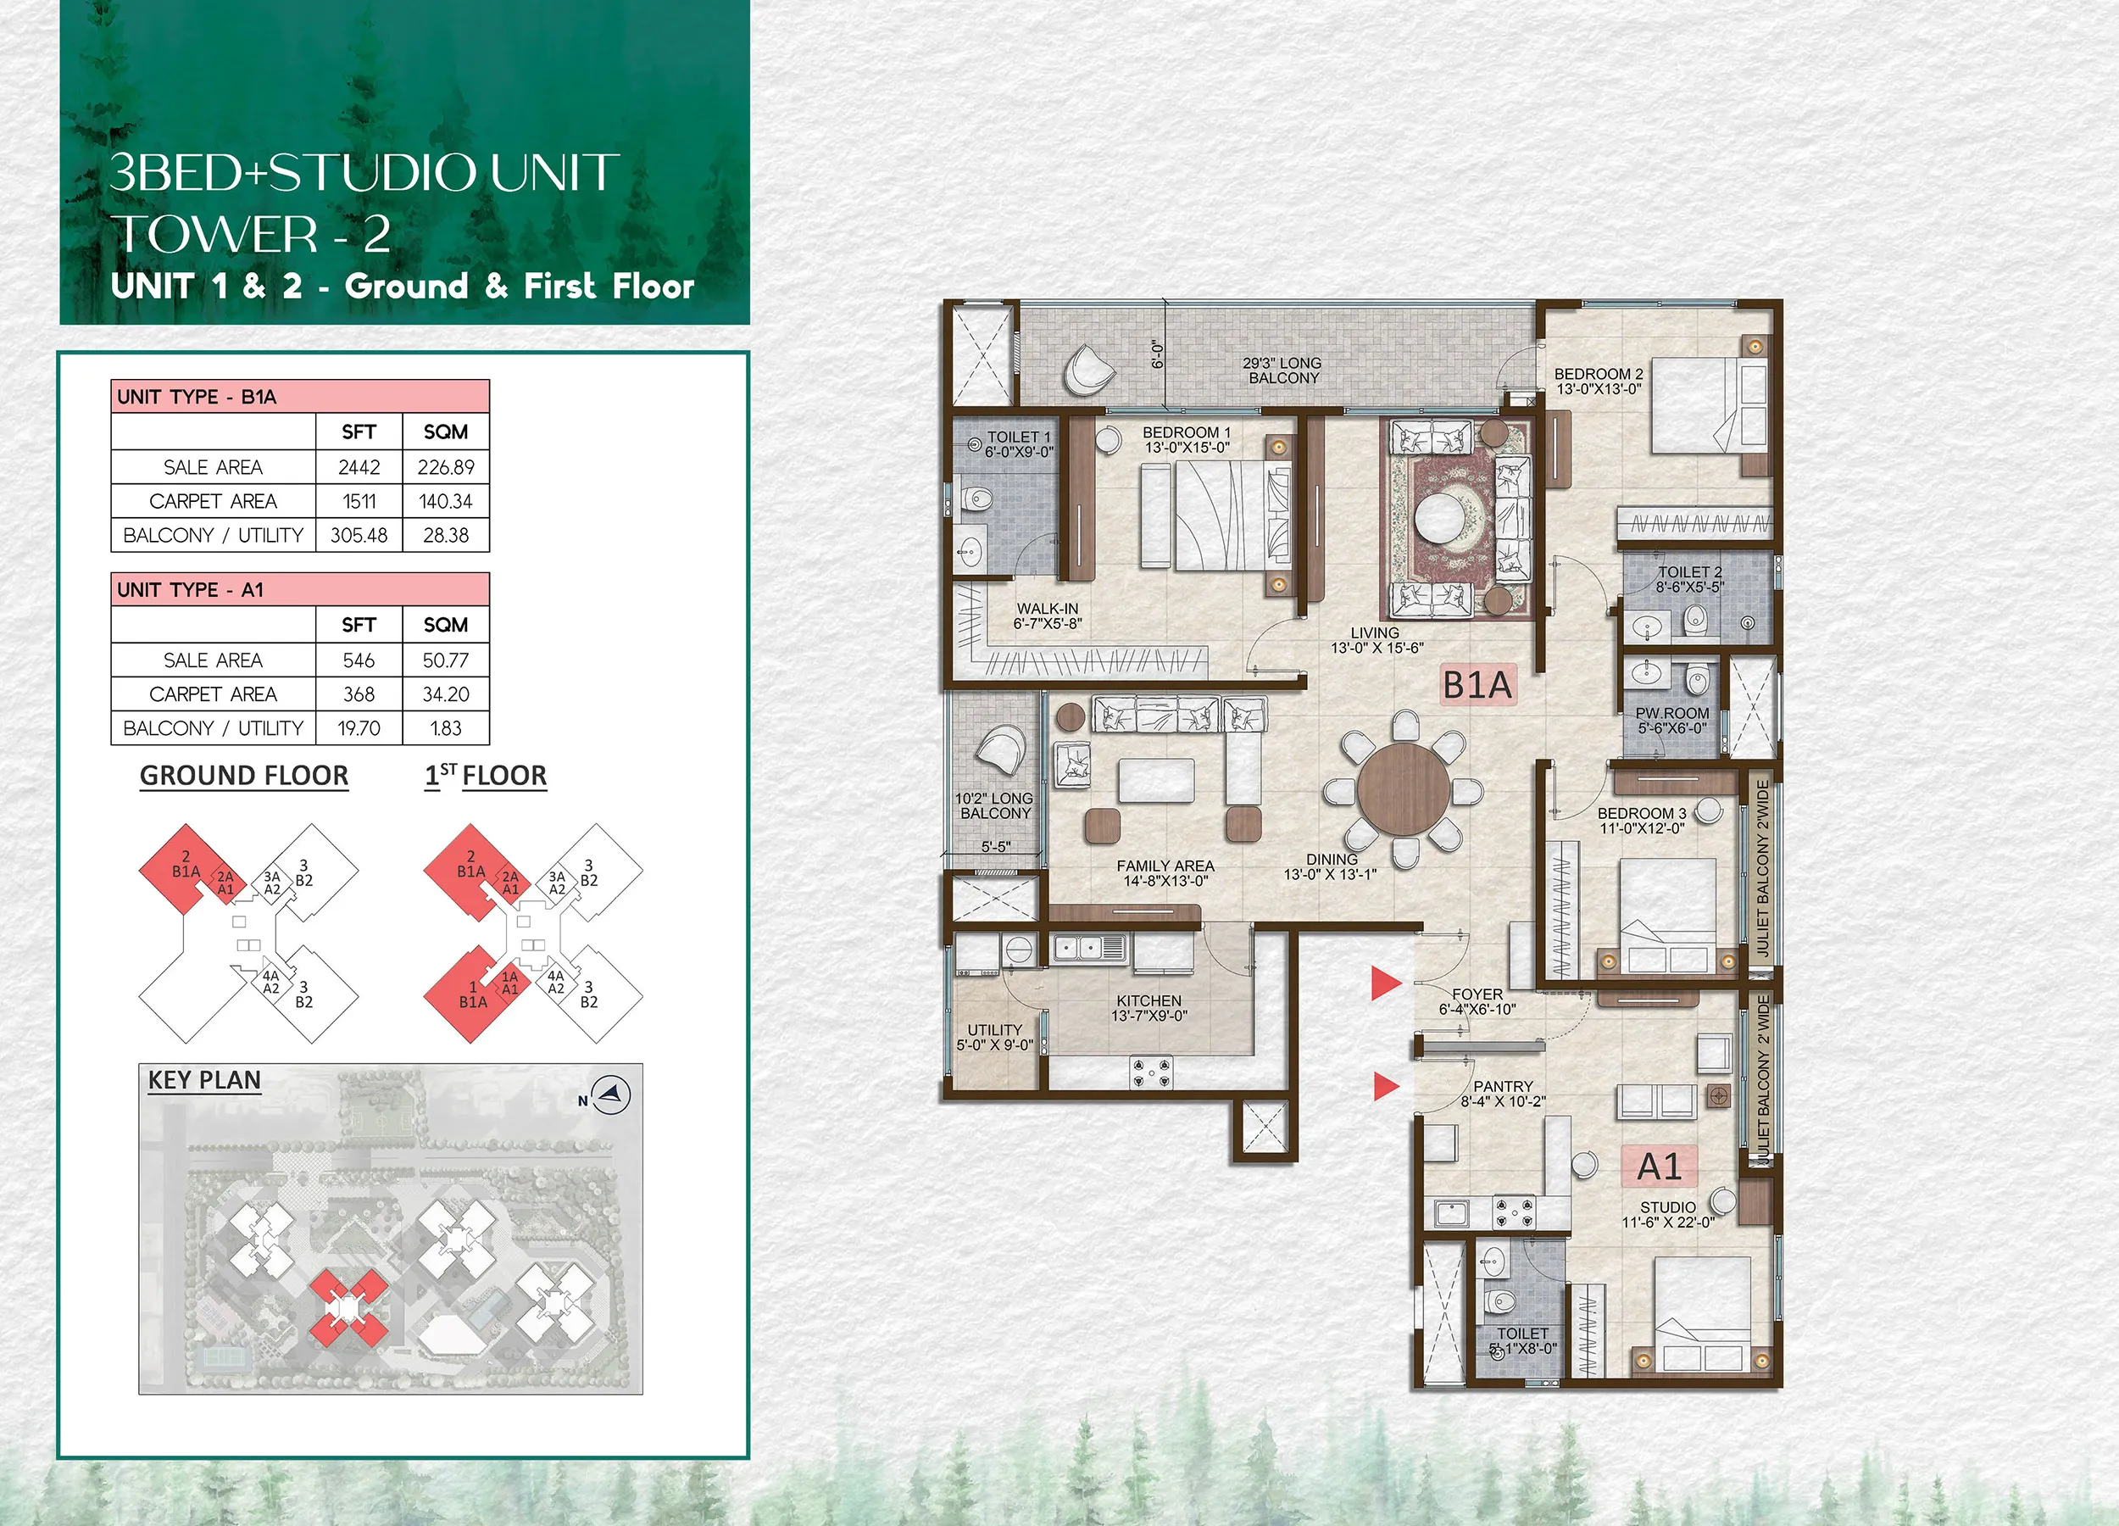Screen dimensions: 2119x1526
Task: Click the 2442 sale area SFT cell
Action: (359, 466)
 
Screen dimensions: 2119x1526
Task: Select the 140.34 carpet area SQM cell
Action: (446, 501)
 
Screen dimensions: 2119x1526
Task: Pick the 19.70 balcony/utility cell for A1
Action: (359, 728)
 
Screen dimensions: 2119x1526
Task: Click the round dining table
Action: (1404, 789)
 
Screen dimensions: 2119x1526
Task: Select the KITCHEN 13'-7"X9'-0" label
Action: (1149, 1008)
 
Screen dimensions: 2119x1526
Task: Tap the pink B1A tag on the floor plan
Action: (1477, 685)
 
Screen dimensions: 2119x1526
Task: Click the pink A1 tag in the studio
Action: (1660, 1167)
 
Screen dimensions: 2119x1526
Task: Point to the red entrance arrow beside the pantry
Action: (1387, 1086)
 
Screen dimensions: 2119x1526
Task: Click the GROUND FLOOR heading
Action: (244, 776)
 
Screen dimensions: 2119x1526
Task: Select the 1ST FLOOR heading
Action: (486, 776)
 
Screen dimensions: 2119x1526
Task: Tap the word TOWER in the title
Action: (215, 235)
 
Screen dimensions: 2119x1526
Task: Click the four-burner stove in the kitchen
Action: (1151, 1072)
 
